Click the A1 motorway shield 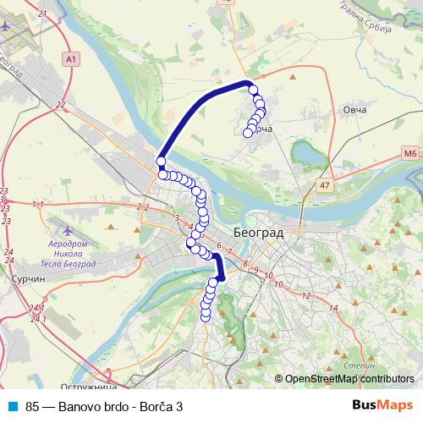(69, 58)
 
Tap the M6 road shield (410, 153)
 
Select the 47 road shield (326, 184)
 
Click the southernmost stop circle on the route (205, 316)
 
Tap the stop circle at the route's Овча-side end (248, 132)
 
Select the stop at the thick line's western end (160, 162)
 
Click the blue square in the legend (11, 406)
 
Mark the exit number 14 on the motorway (333, 308)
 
